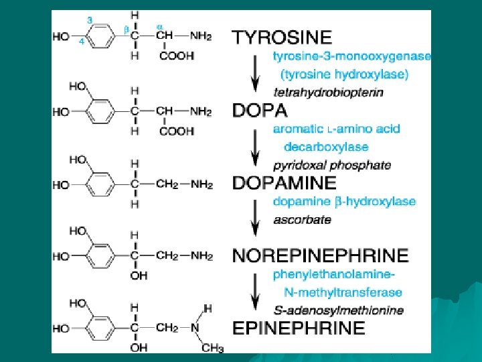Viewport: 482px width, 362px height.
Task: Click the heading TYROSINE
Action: (282, 37)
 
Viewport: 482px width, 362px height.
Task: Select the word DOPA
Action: (260, 110)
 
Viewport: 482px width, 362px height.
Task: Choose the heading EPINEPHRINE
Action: (299, 328)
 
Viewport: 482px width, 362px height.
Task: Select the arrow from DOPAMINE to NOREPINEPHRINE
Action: (254, 219)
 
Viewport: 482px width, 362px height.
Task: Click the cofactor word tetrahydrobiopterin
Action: (329, 93)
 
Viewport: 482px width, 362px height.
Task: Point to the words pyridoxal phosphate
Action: (332, 165)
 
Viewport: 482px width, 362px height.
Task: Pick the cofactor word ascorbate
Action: (302, 219)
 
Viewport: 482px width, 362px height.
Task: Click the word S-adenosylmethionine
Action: (338, 310)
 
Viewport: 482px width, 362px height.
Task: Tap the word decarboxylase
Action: (326, 147)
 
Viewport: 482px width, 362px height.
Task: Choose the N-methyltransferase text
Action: (343, 292)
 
